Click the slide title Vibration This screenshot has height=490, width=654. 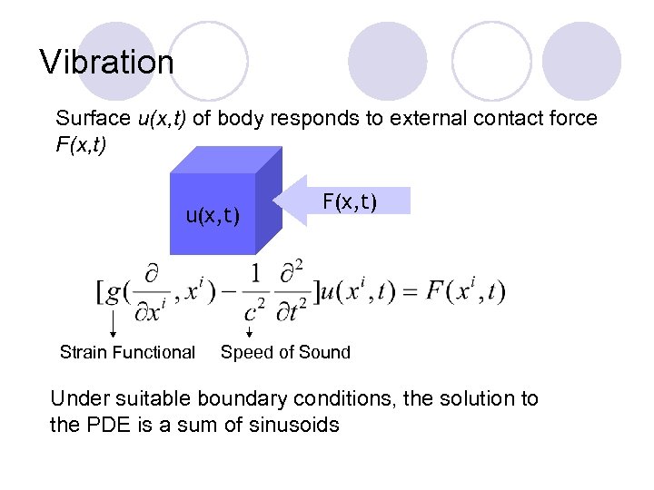[107, 63]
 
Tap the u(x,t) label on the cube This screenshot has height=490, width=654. [213, 215]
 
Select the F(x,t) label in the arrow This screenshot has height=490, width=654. [350, 201]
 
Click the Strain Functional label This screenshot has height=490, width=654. [127, 352]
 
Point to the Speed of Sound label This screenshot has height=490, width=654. [285, 352]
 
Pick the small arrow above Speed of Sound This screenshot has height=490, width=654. [250, 331]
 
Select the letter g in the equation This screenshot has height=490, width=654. [113, 291]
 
